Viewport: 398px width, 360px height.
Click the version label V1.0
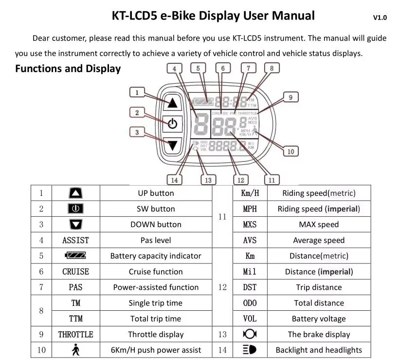[380, 18]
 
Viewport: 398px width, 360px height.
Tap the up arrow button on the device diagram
[172, 103]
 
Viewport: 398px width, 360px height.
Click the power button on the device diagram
[172, 124]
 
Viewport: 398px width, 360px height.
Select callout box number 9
[290, 97]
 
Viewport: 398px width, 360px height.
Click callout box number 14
[175, 180]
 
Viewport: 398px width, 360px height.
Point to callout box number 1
[137, 92]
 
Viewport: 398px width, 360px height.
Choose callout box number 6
[223, 68]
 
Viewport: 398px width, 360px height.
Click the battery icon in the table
[75, 256]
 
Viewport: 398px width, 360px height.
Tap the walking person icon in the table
[75, 350]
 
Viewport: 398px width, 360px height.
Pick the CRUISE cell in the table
[75, 271]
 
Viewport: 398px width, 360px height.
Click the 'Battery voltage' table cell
[319, 319]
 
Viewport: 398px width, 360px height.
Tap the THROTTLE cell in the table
[75, 334]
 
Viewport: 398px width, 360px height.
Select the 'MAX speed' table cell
[319, 225]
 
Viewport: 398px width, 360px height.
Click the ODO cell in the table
[249, 303]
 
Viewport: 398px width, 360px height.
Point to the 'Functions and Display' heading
[68, 69]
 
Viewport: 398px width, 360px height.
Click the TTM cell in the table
[75, 319]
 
